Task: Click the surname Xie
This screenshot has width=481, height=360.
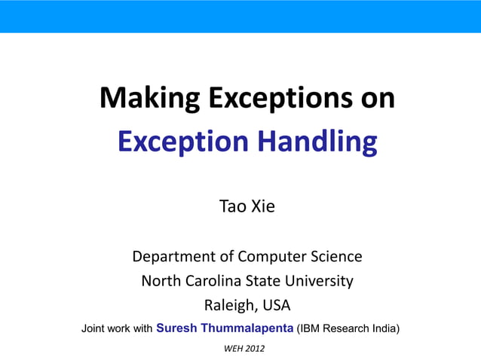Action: tap(262, 206)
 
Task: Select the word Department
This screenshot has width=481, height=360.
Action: tap(175, 257)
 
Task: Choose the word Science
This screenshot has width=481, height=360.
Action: tap(336, 257)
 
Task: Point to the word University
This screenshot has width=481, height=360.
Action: tap(319, 282)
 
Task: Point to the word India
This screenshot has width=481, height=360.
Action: tap(382, 328)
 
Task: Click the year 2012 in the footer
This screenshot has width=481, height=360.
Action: tap(254, 349)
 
